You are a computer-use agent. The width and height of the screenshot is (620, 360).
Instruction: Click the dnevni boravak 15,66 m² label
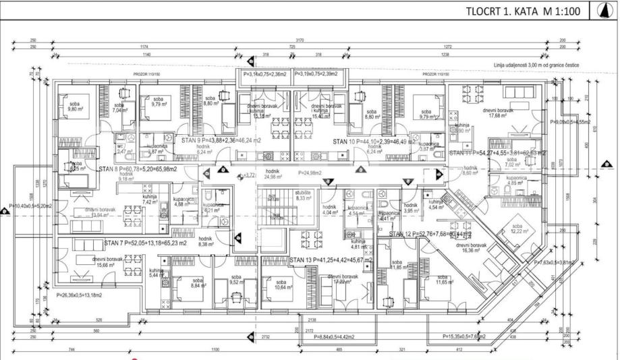click(93, 263)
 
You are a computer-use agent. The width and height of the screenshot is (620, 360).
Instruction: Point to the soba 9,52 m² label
click(236, 281)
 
